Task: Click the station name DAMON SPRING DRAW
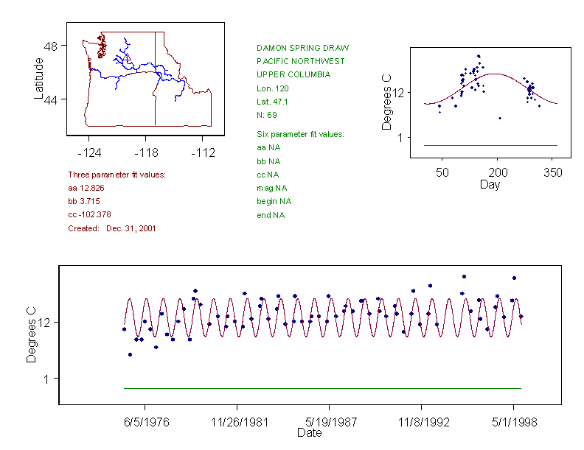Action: pos(302,48)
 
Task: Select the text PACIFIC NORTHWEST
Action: pos(300,61)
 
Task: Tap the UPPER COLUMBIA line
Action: pos(293,74)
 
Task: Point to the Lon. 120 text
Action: pos(268,88)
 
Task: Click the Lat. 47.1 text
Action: pos(269,102)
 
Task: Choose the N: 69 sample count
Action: pos(266,115)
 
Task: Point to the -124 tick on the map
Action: pos(89,153)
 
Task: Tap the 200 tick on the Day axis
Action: pos(498,172)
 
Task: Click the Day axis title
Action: pos(490,184)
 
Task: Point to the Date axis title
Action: pos(309,433)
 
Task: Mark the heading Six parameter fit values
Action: pos(300,134)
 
